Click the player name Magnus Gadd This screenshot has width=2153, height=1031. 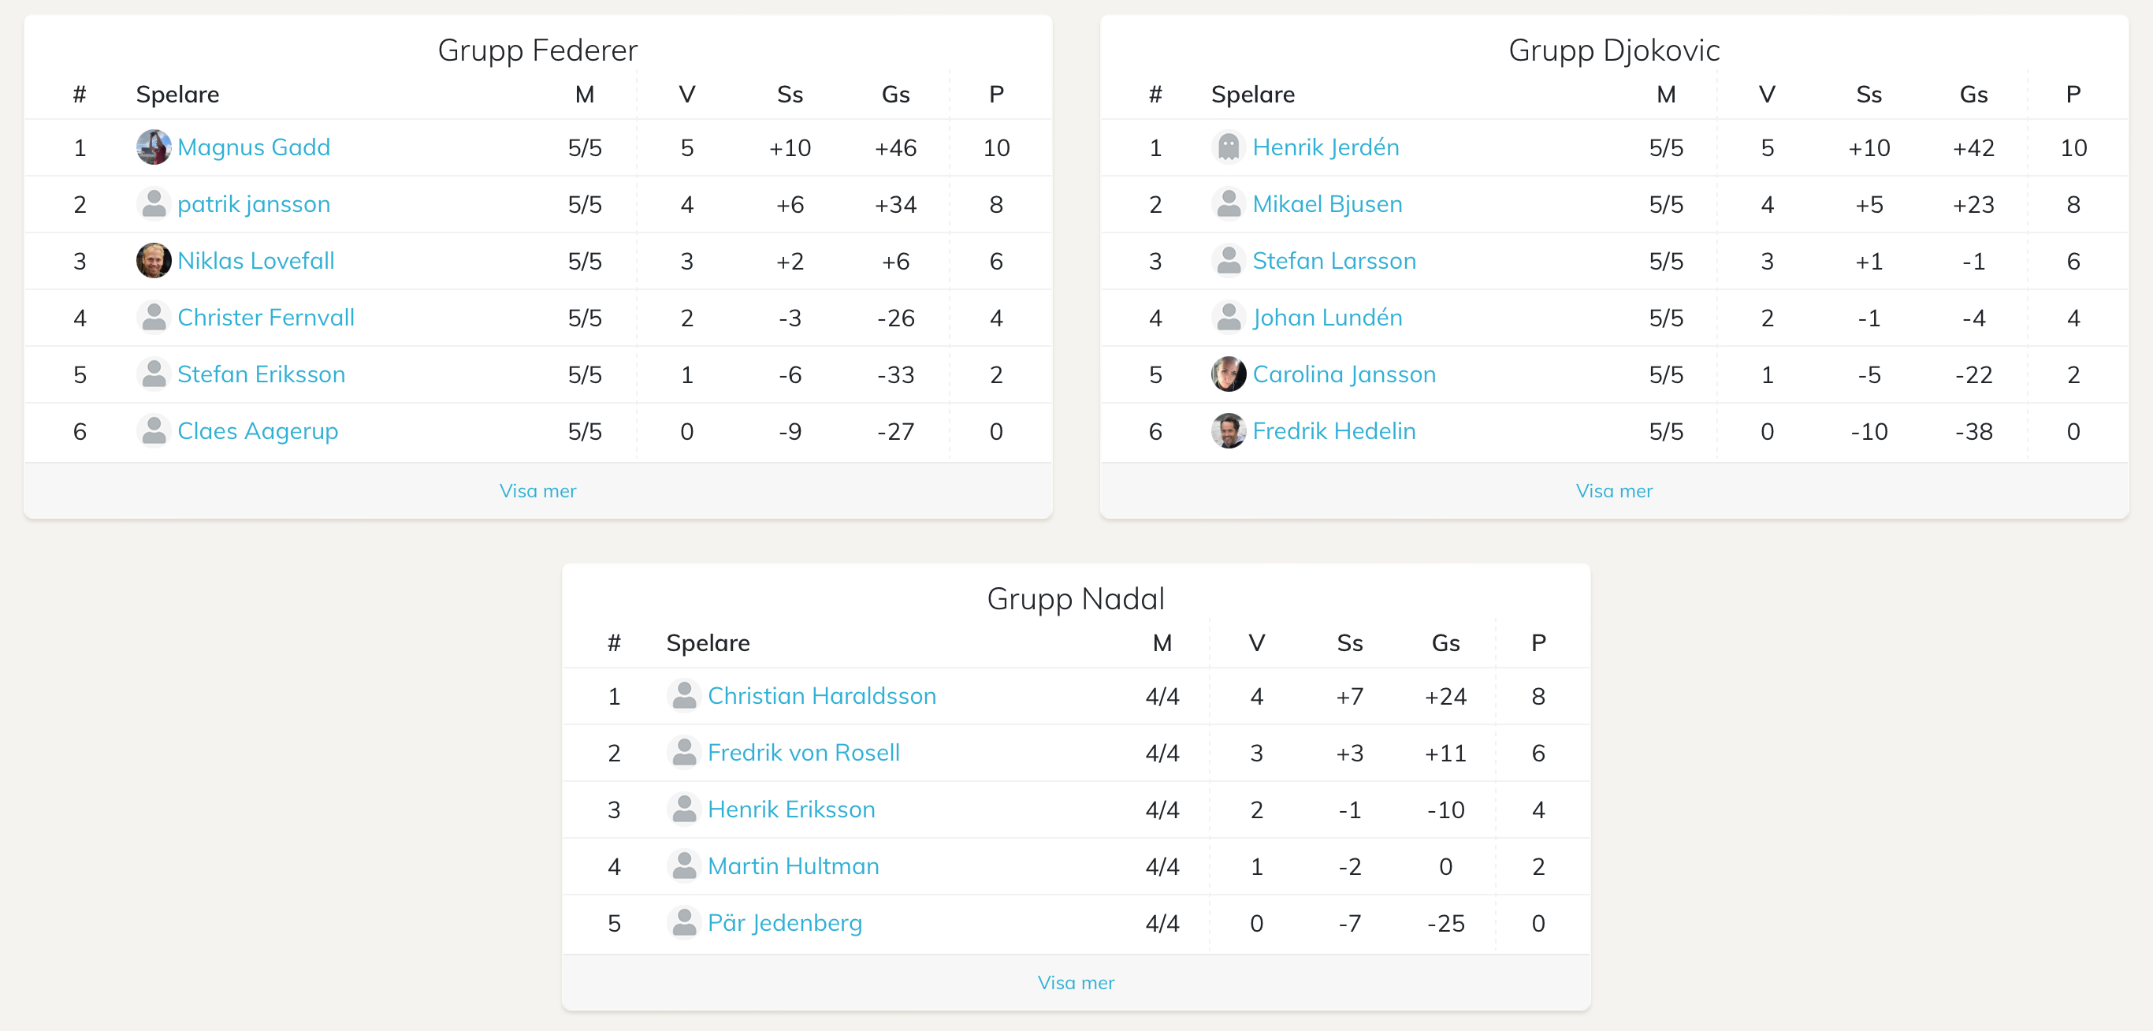[x=253, y=147]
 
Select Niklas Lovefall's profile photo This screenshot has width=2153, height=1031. [x=154, y=261]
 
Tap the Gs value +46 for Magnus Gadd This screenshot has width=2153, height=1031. [x=895, y=148]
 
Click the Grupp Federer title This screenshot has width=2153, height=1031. [x=537, y=50]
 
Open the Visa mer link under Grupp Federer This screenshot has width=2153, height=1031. [x=537, y=491]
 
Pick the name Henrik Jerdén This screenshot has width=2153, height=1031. [x=1326, y=147]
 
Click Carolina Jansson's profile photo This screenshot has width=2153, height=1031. [x=1228, y=374]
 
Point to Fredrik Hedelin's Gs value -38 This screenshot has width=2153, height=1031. [x=1973, y=431]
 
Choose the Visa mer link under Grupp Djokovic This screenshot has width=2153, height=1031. [x=1614, y=491]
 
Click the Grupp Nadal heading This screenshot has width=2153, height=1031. [x=1076, y=599]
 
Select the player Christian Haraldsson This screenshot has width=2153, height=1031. [x=822, y=696]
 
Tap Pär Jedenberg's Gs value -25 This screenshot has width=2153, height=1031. [x=1445, y=923]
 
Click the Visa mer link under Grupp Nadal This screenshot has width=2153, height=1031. [x=1076, y=982]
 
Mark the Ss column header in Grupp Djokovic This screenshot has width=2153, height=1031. [x=1869, y=95]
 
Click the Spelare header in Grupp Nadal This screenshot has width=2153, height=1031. [x=708, y=643]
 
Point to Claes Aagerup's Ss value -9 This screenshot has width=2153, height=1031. [x=790, y=431]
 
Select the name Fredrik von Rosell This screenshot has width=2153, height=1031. [x=803, y=753]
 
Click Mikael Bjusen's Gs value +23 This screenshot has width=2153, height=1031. [x=1973, y=205]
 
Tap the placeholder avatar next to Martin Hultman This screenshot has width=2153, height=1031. [x=684, y=865]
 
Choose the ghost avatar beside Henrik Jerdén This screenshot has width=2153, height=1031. [x=1228, y=147]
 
